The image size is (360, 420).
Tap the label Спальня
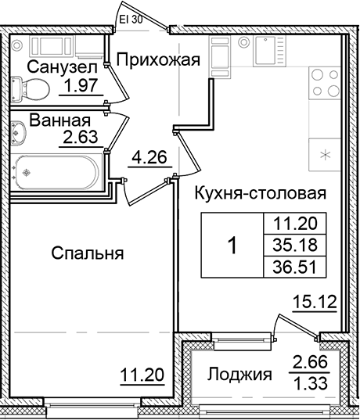click(88, 253)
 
